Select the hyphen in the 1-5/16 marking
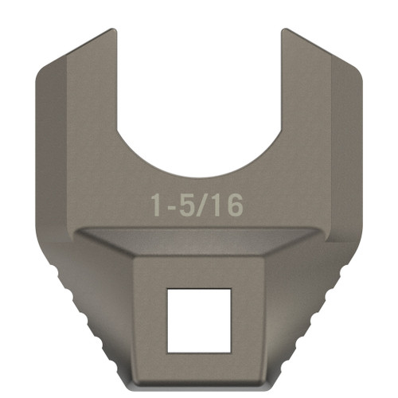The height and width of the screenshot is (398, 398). (172, 207)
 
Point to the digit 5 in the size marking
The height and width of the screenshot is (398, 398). (188, 205)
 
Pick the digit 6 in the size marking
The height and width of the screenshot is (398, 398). (234, 205)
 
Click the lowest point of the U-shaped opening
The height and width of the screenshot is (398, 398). (199, 177)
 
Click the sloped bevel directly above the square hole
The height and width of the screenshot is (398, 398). (199, 243)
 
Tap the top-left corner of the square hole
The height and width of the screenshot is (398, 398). (167, 289)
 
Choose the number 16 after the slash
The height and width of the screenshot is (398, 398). (226, 205)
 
